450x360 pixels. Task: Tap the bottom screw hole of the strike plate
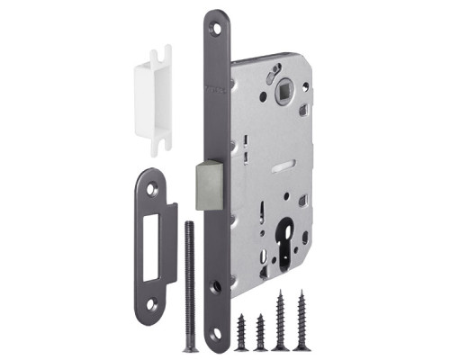[x=150, y=303]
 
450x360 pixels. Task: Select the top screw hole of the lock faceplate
[x=214, y=28]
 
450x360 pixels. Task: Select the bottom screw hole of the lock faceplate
[x=216, y=335]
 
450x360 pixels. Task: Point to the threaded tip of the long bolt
[x=189, y=224]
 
